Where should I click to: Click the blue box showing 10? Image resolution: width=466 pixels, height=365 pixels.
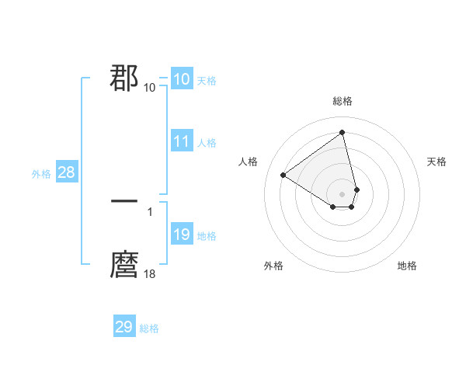click(x=181, y=79)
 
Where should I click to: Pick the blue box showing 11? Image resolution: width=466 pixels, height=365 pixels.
click(x=181, y=141)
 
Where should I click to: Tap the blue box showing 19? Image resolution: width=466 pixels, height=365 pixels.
click(x=181, y=235)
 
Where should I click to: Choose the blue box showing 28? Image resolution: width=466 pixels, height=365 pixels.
click(x=66, y=172)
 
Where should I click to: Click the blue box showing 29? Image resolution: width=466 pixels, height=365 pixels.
click(x=124, y=327)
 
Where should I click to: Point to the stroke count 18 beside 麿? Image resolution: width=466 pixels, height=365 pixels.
click(x=150, y=273)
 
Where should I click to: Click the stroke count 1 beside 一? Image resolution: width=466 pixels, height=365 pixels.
click(x=150, y=210)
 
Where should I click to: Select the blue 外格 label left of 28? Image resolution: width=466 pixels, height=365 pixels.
click(x=41, y=174)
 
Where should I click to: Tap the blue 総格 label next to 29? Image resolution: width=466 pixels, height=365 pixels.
click(x=149, y=328)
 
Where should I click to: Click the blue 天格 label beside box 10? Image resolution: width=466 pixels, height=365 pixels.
click(x=207, y=81)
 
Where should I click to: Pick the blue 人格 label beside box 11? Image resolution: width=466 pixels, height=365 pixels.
click(x=207, y=143)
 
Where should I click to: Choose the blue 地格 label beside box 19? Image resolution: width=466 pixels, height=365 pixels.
click(x=207, y=236)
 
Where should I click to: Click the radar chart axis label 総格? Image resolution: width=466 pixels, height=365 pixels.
click(x=343, y=101)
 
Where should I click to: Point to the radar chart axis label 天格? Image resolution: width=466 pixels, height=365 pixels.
click(x=436, y=162)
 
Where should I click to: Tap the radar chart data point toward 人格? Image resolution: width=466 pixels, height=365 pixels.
click(x=283, y=175)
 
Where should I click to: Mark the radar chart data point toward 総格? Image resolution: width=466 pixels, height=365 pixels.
click(x=343, y=132)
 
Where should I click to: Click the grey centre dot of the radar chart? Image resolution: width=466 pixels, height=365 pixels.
click(x=343, y=193)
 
